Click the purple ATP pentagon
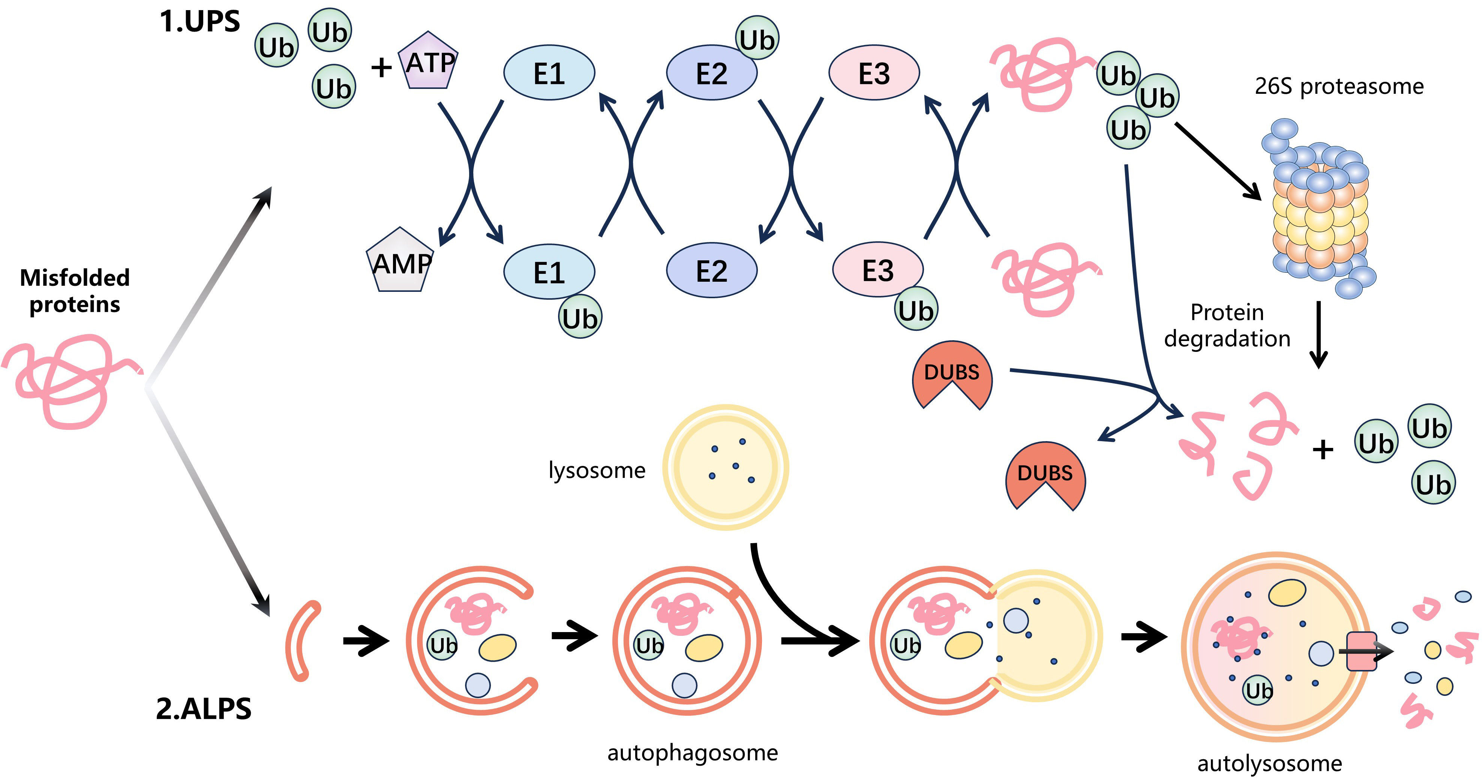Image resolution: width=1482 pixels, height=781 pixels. [428, 61]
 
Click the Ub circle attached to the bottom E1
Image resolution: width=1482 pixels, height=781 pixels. [580, 317]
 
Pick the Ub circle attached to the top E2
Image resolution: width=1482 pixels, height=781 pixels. [757, 38]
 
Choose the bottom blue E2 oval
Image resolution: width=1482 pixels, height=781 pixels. [712, 270]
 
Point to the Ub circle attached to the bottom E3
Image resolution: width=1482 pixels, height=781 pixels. [916, 309]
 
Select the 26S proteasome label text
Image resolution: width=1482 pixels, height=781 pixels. [1339, 86]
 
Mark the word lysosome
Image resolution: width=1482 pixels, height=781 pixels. [597, 470]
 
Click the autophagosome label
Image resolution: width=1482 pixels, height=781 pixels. [692, 752]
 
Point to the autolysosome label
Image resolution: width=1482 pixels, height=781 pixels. [1269, 763]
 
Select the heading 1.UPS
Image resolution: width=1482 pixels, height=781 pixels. [199, 22]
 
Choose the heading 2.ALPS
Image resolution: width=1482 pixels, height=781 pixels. [203, 709]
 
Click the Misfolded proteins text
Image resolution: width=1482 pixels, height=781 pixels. [74, 291]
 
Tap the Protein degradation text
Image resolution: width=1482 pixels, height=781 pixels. [1227, 326]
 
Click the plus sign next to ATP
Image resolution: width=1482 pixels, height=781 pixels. [381, 68]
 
